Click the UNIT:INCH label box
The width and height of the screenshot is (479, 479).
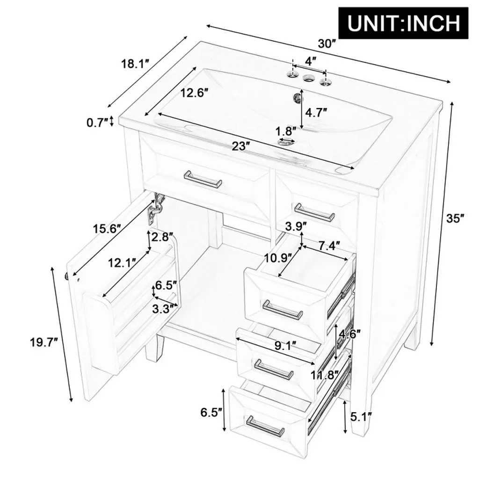403,23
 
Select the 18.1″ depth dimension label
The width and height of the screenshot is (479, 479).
135,64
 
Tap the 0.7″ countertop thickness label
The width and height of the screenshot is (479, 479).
97,123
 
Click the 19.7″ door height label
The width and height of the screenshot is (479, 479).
44,342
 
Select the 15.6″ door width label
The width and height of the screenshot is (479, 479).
107,228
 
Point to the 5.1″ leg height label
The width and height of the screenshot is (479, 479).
361,416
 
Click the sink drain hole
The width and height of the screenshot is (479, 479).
287,142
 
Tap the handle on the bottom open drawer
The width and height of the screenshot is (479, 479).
265,426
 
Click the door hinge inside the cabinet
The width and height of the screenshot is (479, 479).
156,208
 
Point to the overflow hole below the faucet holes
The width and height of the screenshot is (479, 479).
296,97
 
